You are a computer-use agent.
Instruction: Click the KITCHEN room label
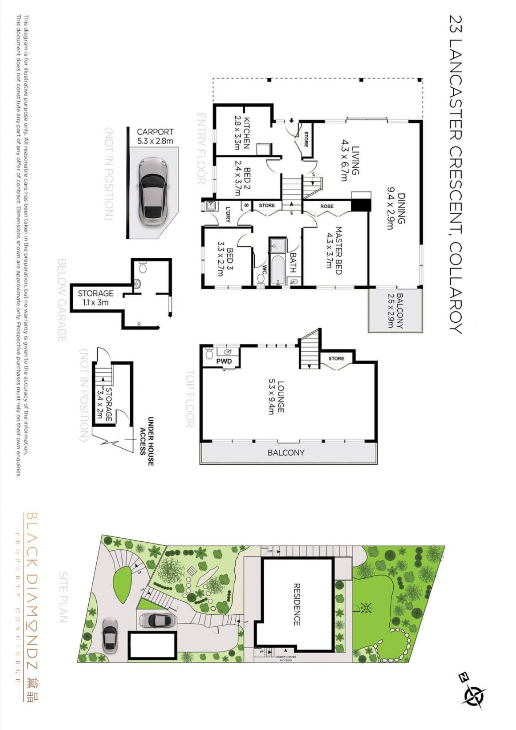pyautogui.click(x=246, y=133)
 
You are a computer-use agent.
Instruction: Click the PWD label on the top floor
pyautogui.click(x=224, y=361)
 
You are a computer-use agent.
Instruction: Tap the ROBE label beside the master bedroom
pyautogui.click(x=327, y=206)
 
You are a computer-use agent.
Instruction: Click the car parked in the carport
pyautogui.click(x=153, y=191)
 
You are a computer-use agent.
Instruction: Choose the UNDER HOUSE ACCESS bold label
pyautogui.click(x=147, y=441)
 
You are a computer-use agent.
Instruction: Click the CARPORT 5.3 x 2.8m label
pyautogui.click(x=155, y=136)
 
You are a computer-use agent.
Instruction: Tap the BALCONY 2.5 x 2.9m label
pyautogui.click(x=395, y=310)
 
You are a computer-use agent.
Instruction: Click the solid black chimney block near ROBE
pyautogui.click(x=361, y=205)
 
